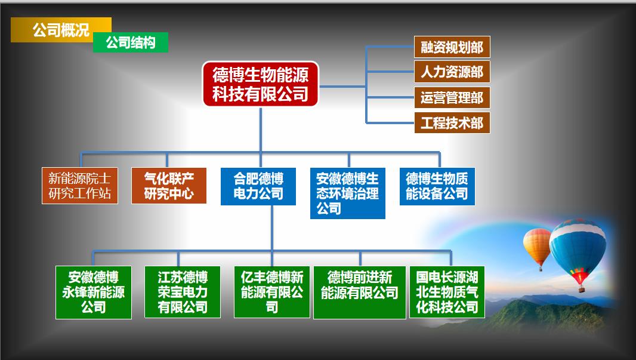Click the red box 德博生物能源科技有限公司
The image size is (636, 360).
point(260,84)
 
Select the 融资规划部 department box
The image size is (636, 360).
point(452,47)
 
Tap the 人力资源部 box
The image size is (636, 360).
point(452,72)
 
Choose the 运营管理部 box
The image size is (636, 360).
point(452,97)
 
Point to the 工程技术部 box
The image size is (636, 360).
point(452,122)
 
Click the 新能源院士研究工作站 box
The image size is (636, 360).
point(80,186)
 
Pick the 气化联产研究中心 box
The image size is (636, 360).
point(169,186)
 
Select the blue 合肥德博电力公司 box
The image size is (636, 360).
point(258,186)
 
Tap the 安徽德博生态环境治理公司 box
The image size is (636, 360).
point(348,193)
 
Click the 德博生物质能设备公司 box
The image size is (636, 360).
point(437,186)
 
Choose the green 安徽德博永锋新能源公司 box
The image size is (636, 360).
point(93,292)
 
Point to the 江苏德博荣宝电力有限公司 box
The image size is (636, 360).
point(183,292)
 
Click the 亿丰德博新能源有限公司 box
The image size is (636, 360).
point(271,292)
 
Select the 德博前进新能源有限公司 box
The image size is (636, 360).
point(360,292)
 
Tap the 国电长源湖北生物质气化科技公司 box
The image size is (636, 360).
point(447,292)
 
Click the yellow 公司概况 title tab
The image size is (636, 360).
point(61,30)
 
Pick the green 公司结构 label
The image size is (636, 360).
point(131,42)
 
